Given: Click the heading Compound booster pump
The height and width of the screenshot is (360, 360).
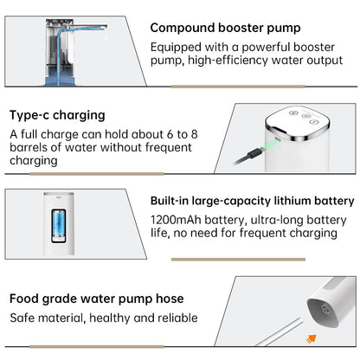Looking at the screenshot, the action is [225, 29].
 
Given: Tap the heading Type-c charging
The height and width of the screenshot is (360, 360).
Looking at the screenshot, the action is [57, 116].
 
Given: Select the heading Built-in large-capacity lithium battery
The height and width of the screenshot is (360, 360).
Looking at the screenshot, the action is [253, 201].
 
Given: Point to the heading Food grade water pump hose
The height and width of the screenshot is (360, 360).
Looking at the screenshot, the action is [97, 299].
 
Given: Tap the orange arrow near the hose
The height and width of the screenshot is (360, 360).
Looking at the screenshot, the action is [312, 338].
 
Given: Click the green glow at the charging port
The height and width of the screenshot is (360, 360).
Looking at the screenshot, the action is [271, 144].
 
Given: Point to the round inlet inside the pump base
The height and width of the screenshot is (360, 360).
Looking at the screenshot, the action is [325, 310].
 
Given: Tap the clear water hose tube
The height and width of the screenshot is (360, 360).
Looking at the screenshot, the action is [279, 332].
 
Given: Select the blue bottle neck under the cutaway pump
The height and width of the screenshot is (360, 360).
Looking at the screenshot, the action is [60, 76].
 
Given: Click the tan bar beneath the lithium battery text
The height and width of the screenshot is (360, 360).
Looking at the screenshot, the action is [238, 260].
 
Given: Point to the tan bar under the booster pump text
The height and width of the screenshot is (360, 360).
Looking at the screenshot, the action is [238, 87].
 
